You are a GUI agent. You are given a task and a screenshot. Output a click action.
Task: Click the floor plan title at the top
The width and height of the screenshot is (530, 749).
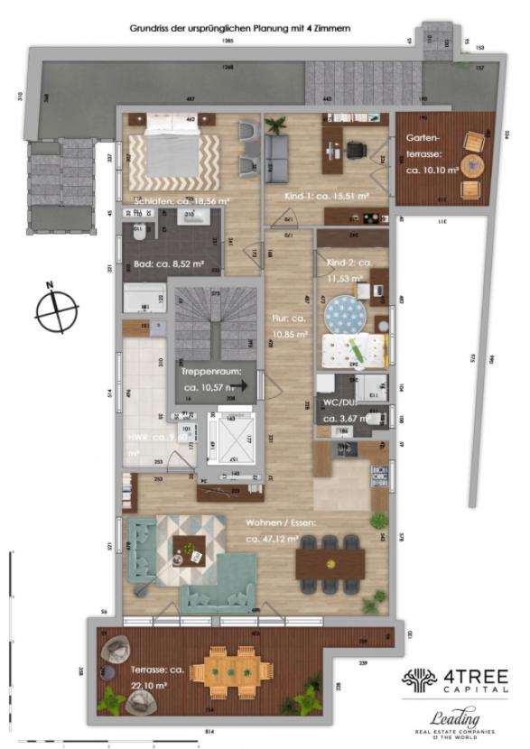coord(240,29)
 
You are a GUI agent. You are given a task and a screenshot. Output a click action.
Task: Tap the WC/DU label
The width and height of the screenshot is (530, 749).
coord(348,411)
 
